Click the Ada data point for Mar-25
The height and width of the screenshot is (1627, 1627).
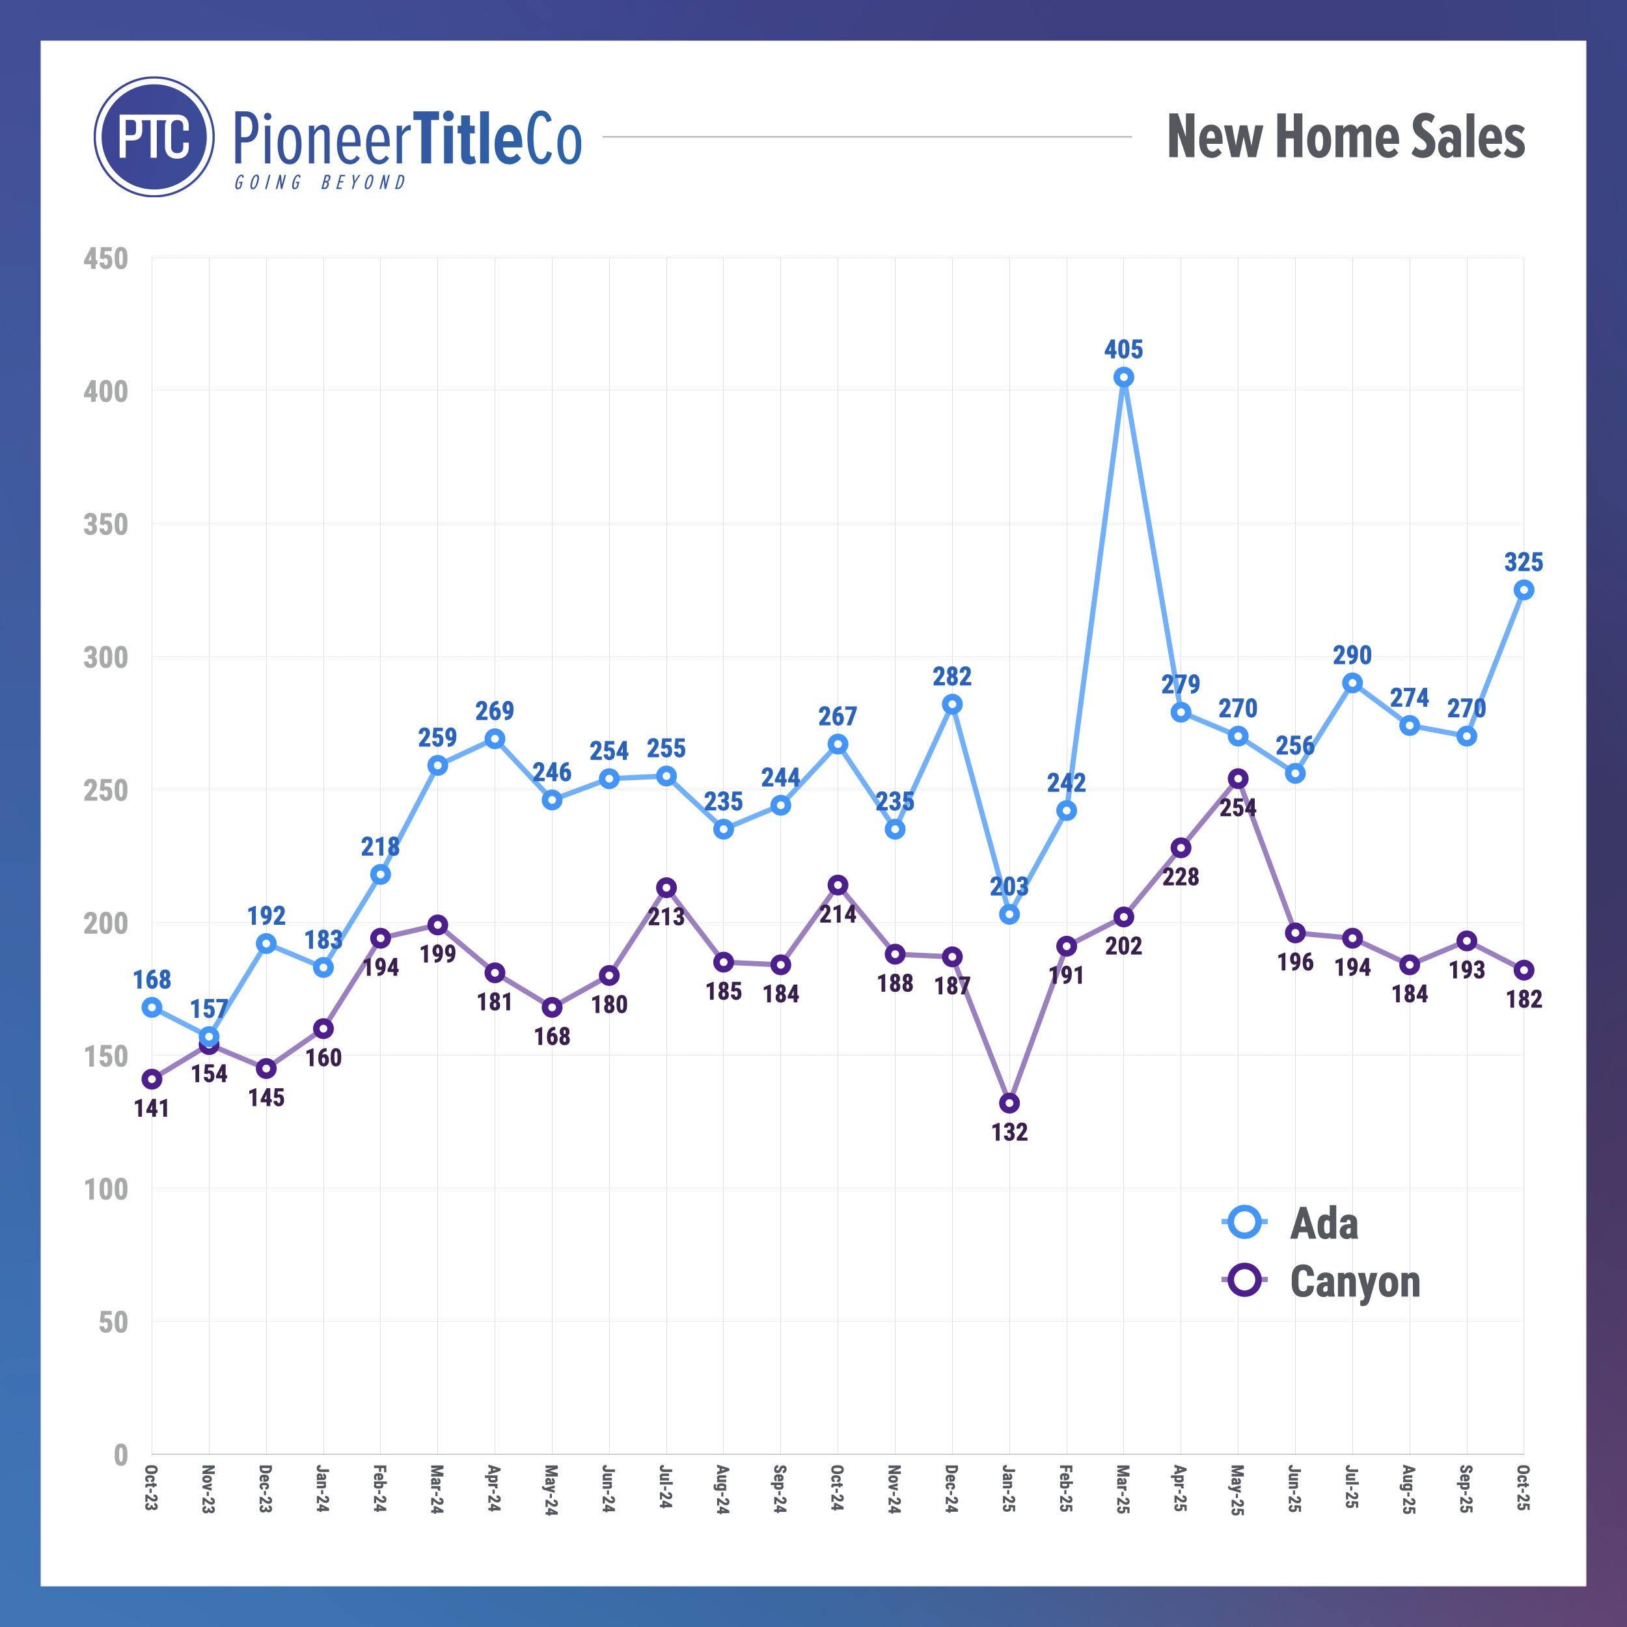click(x=1123, y=377)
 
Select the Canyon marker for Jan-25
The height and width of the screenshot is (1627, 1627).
click(x=1009, y=1103)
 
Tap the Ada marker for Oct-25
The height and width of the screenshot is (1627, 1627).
click(x=1524, y=590)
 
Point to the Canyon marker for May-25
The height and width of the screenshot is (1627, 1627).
click(x=1238, y=779)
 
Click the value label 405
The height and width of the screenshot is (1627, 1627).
click(x=1123, y=349)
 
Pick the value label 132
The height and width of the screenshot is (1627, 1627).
click(x=1009, y=1132)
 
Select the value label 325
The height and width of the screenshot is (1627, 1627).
click(x=1524, y=562)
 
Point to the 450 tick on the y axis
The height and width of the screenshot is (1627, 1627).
click(x=106, y=258)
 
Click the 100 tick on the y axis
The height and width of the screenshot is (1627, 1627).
click(x=106, y=1189)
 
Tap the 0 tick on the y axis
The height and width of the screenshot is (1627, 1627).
click(x=120, y=1455)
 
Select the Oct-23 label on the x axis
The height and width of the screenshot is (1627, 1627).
click(x=152, y=1487)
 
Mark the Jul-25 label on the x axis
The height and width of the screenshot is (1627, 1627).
click(x=1352, y=1487)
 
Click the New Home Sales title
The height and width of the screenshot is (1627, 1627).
click(x=1345, y=137)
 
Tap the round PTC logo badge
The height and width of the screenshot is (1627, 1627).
click(x=154, y=137)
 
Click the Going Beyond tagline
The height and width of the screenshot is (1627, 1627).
click(x=320, y=183)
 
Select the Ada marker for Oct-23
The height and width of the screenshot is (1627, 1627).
click(x=152, y=1007)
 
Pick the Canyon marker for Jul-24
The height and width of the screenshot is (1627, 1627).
click(x=666, y=888)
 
